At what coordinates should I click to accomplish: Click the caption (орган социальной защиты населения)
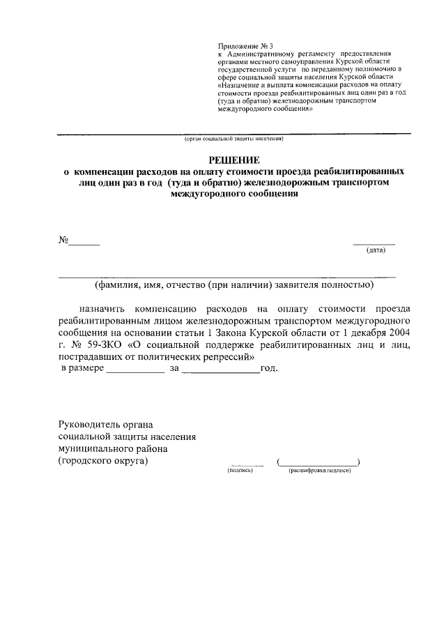[x=233, y=139]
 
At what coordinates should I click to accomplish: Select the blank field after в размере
[x=135, y=372]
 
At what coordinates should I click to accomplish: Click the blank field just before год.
[x=220, y=372]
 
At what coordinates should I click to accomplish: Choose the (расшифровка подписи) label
[x=318, y=471]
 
